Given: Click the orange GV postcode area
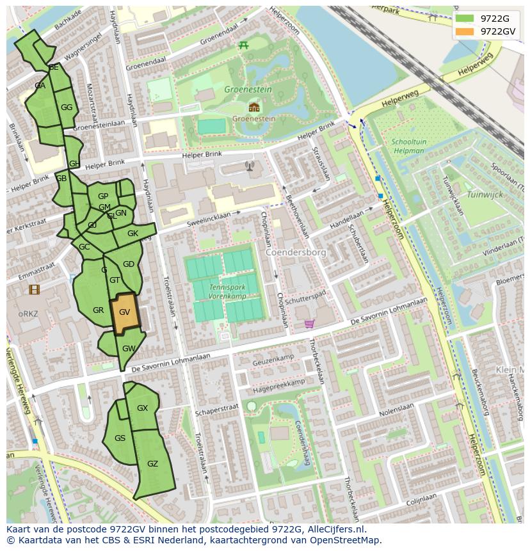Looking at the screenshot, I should point(124,312).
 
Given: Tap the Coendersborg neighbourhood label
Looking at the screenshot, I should point(296,252).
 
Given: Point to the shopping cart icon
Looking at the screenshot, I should point(310,324).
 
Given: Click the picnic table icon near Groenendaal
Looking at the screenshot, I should point(243,45).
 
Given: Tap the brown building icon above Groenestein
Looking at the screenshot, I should point(254,107).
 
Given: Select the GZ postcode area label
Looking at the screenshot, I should point(152,464).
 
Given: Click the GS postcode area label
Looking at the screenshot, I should point(120,438).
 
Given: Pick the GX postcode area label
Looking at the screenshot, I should point(142,408).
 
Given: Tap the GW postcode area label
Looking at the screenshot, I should point(129,349).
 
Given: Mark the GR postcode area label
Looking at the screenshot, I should point(98,310).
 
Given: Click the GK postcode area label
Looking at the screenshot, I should point(132,234).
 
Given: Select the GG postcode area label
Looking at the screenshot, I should point(67,108).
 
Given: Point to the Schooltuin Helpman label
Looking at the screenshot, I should point(408,147).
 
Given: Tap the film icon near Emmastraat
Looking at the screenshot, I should point(34,290).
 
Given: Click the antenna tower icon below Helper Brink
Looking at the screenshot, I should point(250,167).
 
